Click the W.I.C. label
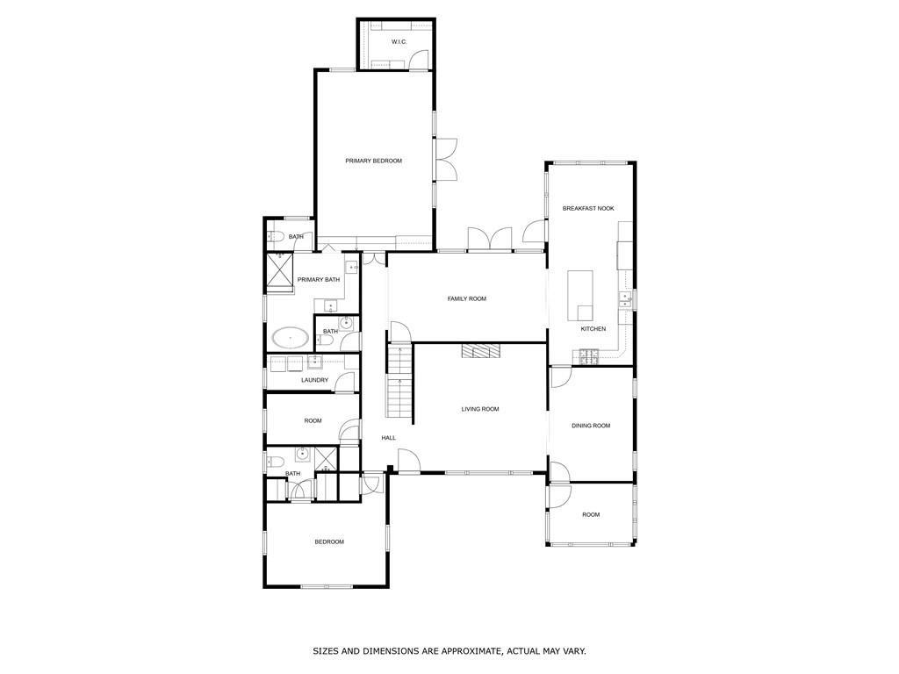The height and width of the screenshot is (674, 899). (399, 42)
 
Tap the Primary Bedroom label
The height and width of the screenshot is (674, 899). (373, 161)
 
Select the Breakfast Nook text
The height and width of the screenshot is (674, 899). (588, 208)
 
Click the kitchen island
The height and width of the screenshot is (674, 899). (580, 296)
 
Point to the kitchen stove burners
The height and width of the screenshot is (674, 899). (587, 355)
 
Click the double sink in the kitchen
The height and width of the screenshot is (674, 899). (625, 299)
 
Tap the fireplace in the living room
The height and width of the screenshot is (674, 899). (480, 351)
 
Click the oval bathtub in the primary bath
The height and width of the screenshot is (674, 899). (289, 338)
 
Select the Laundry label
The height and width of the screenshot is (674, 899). (314, 380)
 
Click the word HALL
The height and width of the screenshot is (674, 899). (388, 438)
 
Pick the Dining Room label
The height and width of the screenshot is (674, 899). (591, 426)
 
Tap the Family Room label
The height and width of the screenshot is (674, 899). (466, 299)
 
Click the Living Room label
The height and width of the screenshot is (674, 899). (480, 409)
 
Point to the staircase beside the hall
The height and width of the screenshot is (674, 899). (399, 383)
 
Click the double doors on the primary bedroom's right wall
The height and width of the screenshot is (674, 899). (445, 160)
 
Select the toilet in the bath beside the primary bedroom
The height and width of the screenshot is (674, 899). (275, 237)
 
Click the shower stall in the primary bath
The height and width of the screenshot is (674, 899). (280, 271)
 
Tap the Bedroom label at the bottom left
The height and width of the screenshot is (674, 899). (329, 541)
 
